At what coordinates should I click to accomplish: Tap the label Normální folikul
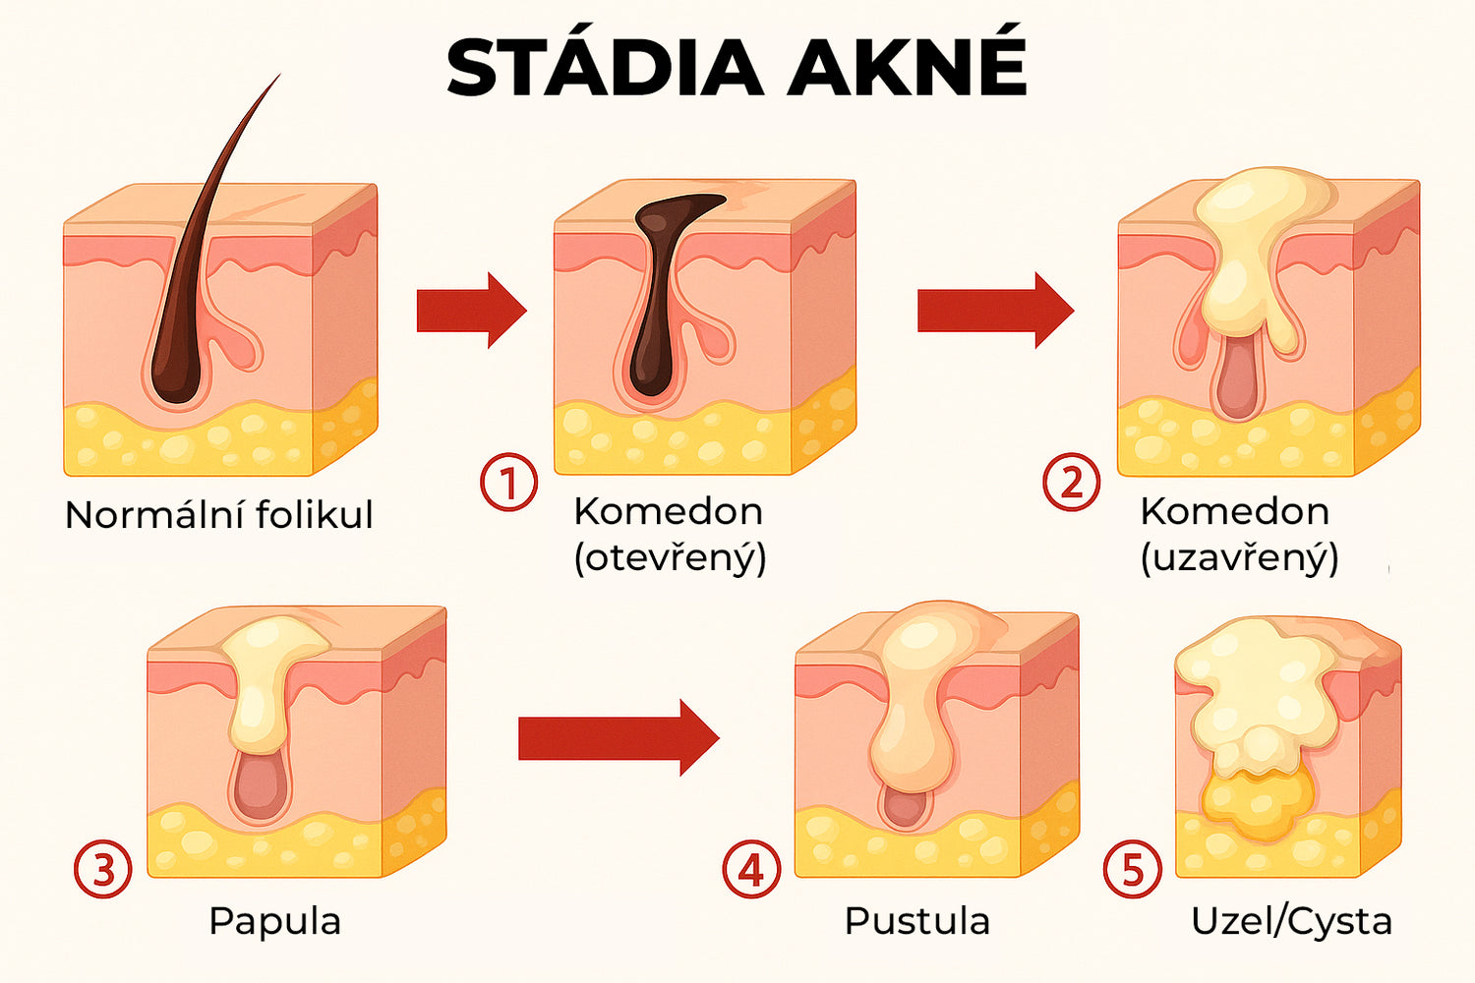click(x=218, y=514)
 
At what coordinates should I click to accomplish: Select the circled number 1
click(x=508, y=483)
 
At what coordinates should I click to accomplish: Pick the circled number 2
click(x=1072, y=483)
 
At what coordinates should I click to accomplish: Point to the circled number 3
click(x=102, y=869)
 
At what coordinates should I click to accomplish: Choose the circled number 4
click(x=751, y=869)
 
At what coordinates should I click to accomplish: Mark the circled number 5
click(x=1133, y=869)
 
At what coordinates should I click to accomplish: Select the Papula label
click(x=274, y=921)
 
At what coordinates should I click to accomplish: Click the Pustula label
click(x=917, y=920)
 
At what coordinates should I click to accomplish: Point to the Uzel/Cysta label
click(x=1291, y=921)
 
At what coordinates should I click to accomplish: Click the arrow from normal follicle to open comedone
click(x=471, y=310)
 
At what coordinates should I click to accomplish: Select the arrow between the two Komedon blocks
click(x=995, y=310)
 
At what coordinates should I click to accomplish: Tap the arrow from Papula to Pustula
click(x=619, y=737)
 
